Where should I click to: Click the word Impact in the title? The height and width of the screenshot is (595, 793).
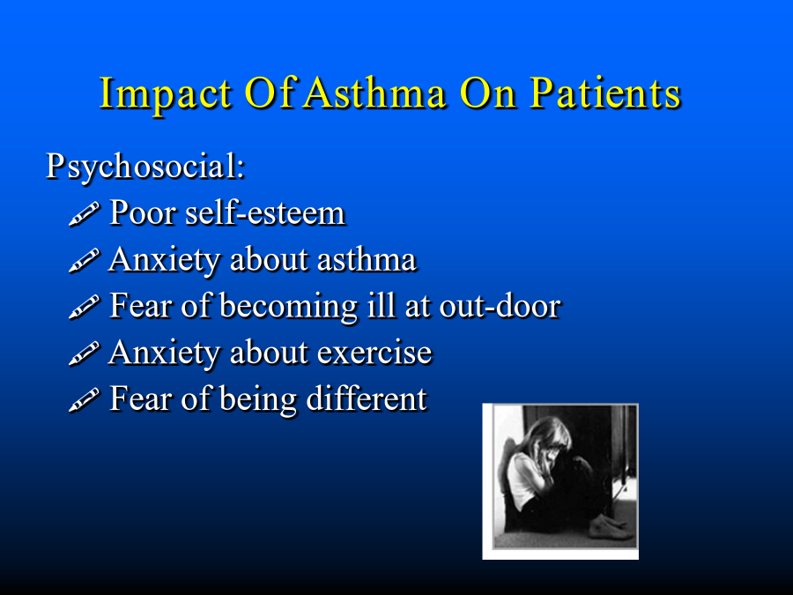pos(165,94)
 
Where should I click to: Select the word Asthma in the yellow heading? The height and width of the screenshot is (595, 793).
pos(374,93)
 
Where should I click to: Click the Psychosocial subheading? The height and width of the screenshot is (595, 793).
pos(145,167)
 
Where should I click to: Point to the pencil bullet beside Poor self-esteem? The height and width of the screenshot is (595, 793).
pos(84,213)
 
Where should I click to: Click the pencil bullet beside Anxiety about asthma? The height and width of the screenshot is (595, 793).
pos(84,261)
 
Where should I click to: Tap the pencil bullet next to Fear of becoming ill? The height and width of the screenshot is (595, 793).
pos(84,307)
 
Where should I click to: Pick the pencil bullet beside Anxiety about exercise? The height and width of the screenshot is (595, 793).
pos(84,353)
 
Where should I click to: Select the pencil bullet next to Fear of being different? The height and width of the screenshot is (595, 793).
pos(84,400)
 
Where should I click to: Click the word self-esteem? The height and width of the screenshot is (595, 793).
pos(265,212)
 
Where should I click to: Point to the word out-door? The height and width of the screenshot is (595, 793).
pos(500,306)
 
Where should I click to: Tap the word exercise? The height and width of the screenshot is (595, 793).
pos(374,353)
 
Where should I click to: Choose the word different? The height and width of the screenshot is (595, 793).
pos(367,398)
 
